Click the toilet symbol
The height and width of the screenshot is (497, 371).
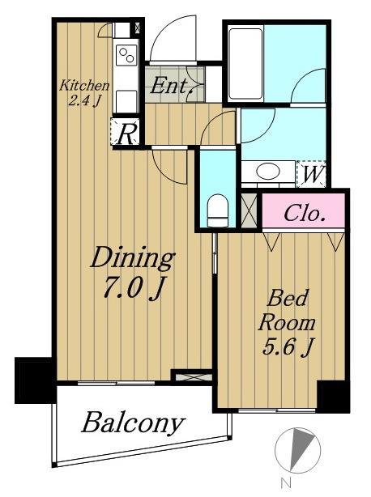[218, 210]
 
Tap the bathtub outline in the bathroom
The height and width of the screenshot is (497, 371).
[245, 64]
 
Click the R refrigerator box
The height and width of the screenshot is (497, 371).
[126, 131]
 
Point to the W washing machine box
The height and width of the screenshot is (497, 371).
[311, 173]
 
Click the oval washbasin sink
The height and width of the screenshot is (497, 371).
[268, 171]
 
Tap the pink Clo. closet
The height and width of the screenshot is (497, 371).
[304, 210]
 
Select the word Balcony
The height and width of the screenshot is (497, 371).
[133, 423]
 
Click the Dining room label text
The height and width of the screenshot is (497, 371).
[133, 258]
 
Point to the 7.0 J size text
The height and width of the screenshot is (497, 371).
[133, 288]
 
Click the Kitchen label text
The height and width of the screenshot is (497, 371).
[84, 86]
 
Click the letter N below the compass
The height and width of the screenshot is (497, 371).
[286, 483]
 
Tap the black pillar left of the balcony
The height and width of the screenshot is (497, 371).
[34, 380]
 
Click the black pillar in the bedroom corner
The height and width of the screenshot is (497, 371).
[333, 396]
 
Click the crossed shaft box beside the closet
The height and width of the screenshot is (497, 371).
[249, 210]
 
